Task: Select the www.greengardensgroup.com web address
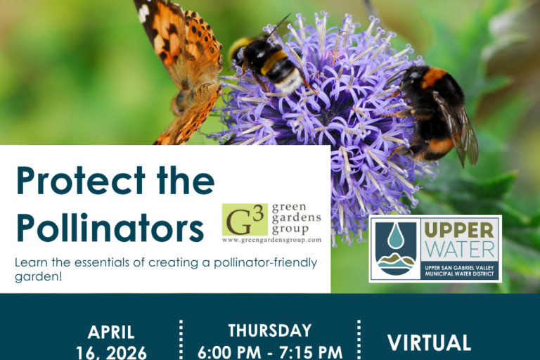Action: tap(271, 240)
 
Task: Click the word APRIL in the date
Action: tap(111, 333)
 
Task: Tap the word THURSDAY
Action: tap(270, 330)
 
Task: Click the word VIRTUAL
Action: tap(429, 343)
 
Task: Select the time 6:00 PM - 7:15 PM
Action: tap(270, 351)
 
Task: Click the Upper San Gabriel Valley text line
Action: tap(461, 266)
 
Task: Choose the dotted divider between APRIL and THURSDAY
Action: tap(181, 341)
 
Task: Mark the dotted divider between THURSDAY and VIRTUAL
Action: tap(359, 341)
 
